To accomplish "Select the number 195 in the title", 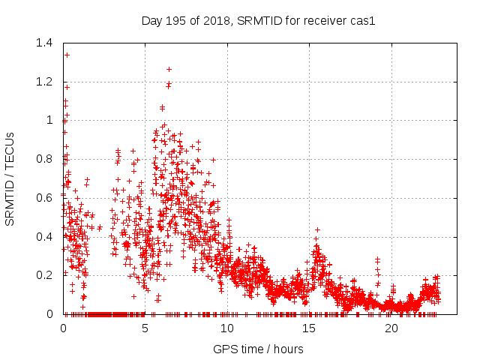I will [176, 20].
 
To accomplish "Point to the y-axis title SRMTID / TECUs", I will [10, 178].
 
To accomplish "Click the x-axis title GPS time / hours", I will [257, 349].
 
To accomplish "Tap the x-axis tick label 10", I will [227, 328].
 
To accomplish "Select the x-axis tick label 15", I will [309, 328].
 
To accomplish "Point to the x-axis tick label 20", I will [391, 328].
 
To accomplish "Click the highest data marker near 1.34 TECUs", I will [67, 55].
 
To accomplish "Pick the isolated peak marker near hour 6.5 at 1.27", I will [169, 69].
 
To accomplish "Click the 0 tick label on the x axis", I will [64, 328].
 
